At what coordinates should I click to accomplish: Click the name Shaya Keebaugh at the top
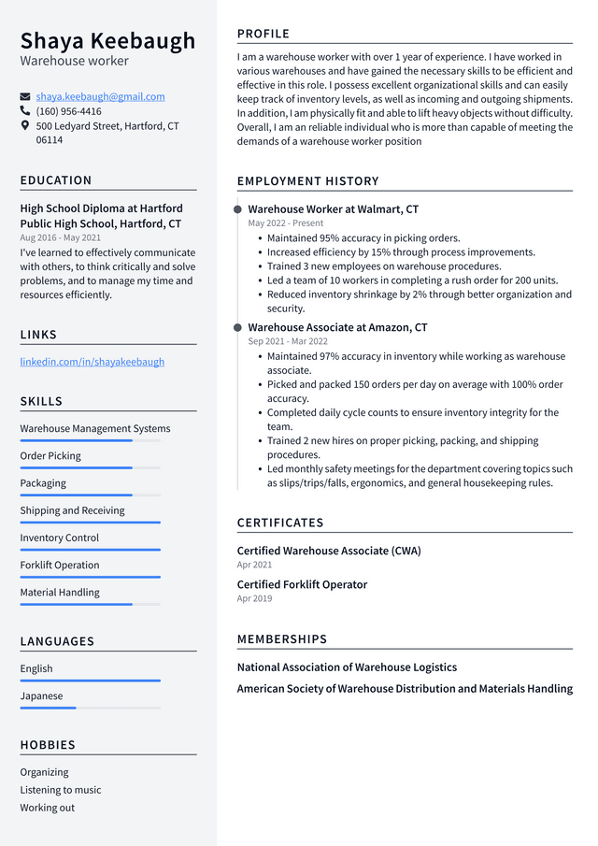pos(107,40)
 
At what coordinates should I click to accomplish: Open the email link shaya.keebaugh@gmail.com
pos(100,96)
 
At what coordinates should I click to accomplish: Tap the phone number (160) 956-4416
pos(68,111)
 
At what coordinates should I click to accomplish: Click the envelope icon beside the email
pos(25,96)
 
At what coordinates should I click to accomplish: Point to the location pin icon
pos(25,125)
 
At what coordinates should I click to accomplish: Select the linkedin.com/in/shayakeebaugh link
pos(92,362)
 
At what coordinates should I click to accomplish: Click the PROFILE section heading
pos(263,34)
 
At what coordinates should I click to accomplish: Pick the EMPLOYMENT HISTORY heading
pos(307,181)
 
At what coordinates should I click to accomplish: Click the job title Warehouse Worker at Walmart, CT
pos(333,209)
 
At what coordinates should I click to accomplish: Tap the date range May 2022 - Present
pos(285,223)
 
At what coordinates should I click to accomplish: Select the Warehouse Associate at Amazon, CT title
pos(337,328)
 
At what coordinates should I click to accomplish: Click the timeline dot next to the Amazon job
pos(237,328)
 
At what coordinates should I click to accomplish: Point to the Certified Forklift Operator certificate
pos(302,584)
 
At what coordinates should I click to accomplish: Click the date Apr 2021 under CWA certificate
pos(254,565)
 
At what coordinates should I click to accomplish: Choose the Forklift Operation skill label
pos(59,565)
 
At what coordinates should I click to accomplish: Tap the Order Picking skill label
pos(50,456)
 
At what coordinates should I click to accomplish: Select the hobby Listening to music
pos(61,790)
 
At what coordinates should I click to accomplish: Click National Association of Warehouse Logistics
pos(347,667)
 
